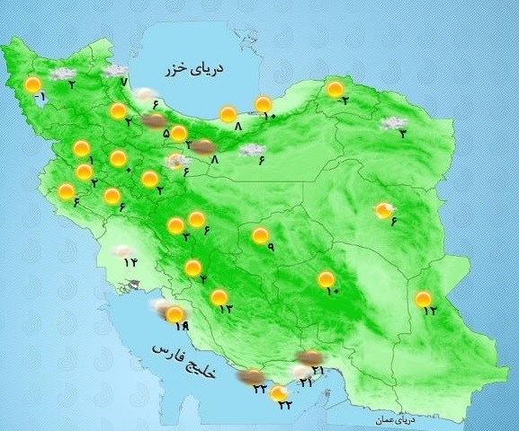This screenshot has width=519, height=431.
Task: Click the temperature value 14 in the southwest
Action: pyautogui.click(x=130, y=262)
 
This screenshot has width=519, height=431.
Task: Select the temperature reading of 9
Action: pyautogui.click(x=269, y=249)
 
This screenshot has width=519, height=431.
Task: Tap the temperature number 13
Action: pyautogui.click(x=225, y=309)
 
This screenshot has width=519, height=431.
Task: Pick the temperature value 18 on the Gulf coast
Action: pyautogui.click(x=180, y=325)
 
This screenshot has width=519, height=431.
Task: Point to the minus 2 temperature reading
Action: pyautogui.click(x=343, y=101)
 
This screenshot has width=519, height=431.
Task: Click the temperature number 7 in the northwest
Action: pyautogui.click(x=123, y=83)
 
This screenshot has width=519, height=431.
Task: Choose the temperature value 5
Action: pyautogui.click(x=166, y=134)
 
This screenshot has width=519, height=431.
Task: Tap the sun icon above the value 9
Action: pyautogui.click(x=260, y=235)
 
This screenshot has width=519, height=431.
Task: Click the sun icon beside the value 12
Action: pyautogui.click(x=423, y=299)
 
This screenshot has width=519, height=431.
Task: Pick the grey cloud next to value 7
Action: pyautogui.click(x=114, y=71)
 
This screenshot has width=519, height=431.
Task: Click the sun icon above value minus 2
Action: pyautogui.click(x=335, y=89)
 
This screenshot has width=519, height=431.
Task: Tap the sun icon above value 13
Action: pyautogui.click(x=218, y=297)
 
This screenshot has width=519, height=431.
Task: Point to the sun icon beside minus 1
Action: pyautogui.click(x=33, y=86)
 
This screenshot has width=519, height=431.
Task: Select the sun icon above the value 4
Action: pyautogui.click(x=192, y=268)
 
